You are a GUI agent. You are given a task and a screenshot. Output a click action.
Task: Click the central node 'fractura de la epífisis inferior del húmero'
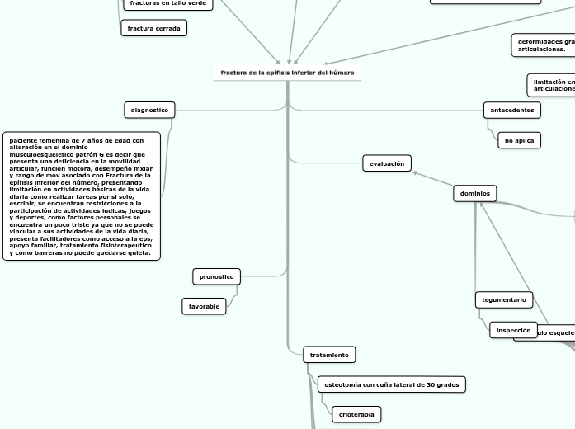(x=287, y=73)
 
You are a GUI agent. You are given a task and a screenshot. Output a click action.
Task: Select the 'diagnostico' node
(x=149, y=110)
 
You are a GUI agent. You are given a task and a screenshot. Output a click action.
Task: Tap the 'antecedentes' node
(x=511, y=110)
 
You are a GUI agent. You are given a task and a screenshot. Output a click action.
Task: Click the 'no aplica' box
(x=519, y=140)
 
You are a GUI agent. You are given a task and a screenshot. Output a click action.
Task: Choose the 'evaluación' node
(x=386, y=163)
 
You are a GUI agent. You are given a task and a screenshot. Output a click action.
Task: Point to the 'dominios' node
(x=474, y=193)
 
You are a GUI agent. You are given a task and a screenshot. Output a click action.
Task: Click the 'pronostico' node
(x=217, y=276)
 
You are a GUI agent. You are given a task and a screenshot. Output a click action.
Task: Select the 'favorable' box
(x=204, y=306)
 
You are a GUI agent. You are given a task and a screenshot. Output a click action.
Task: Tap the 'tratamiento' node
(x=329, y=355)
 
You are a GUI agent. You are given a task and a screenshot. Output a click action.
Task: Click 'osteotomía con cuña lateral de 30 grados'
(x=391, y=384)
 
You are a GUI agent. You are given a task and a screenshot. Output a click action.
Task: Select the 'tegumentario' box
(x=504, y=299)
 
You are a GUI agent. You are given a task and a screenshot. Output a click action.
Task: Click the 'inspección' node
(x=513, y=330)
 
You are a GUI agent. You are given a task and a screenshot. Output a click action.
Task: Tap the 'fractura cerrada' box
(x=154, y=28)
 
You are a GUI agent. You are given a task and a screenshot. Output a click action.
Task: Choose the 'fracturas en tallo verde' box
(x=167, y=4)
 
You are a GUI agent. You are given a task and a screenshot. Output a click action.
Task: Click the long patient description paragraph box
(x=82, y=196)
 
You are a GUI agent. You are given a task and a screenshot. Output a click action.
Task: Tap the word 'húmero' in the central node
(x=342, y=73)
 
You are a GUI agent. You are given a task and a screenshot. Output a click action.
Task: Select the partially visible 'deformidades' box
(x=544, y=45)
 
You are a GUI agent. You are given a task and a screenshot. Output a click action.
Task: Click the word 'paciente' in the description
(x=24, y=140)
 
